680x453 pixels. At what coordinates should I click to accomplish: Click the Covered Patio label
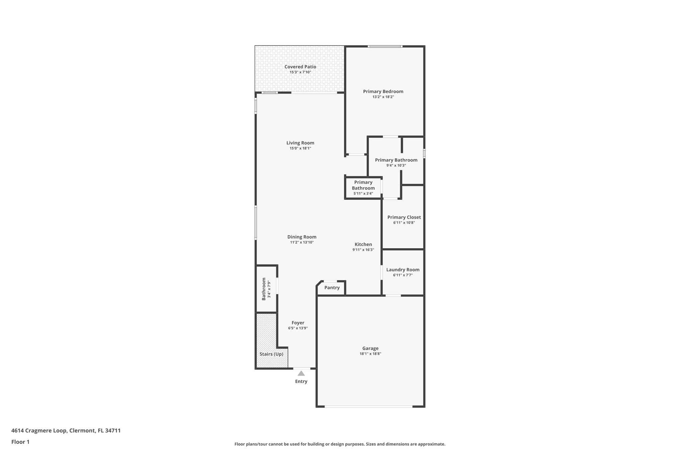coord(300,67)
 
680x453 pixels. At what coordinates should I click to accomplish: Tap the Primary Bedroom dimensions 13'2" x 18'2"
coord(383,97)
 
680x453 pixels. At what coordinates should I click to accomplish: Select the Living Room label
coord(300,143)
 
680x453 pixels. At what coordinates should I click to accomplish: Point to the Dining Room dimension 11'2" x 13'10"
coord(301,242)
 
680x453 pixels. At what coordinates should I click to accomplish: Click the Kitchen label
coord(363,244)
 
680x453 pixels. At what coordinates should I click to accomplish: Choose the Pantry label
coord(332,288)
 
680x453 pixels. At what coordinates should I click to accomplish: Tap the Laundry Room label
coord(402,270)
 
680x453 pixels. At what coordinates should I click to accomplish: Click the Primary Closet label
coord(404,217)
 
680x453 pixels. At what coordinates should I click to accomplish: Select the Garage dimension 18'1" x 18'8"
coord(370,354)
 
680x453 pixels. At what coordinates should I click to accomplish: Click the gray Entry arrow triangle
coord(301,373)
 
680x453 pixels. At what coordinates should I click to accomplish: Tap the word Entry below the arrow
coord(301,381)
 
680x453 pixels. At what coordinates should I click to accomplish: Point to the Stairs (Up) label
coord(271,354)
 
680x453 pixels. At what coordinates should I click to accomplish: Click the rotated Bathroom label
coord(264,289)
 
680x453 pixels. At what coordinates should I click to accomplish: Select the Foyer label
coord(298,323)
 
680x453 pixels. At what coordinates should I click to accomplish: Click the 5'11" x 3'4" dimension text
coord(363,193)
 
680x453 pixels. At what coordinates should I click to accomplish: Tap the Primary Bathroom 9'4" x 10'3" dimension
coord(396,165)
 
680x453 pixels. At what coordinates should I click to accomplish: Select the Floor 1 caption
coord(20,442)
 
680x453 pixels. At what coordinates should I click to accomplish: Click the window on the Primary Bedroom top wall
coord(385,46)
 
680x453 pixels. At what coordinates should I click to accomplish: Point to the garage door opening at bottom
coord(369,406)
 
